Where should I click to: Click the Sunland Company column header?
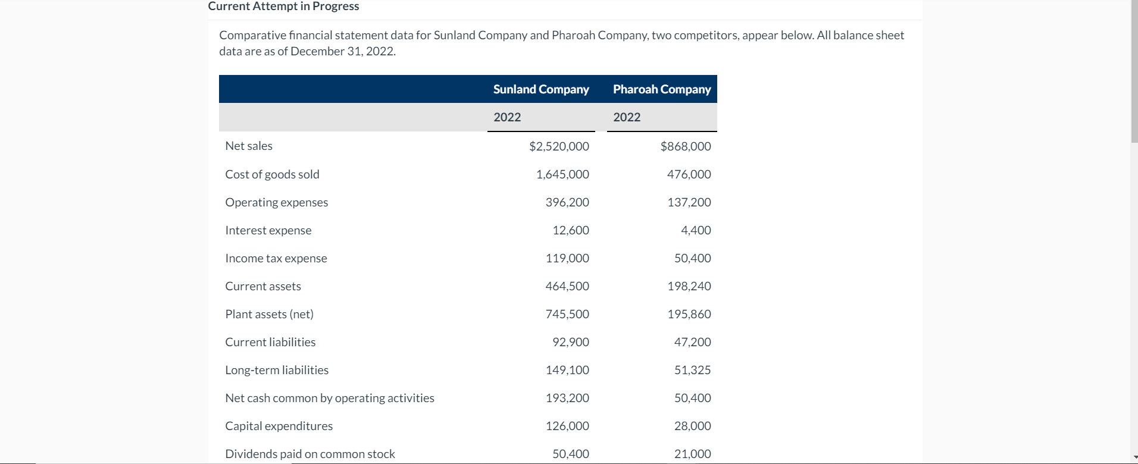(541, 89)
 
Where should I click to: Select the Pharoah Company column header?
(662, 89)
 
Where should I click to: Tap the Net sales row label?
(249, 146)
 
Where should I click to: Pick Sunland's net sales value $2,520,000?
(559, 146)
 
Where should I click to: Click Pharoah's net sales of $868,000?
(685, 146)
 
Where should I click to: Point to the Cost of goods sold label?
(272, 174)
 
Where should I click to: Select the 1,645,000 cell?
(562, 174)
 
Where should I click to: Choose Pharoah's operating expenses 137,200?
(689, 202)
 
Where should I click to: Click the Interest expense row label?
(268, 230)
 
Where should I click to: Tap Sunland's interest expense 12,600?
(570, 230)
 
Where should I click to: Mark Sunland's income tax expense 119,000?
(567, 258)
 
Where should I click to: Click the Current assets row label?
(263, 286)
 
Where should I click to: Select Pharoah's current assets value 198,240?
(689, 286)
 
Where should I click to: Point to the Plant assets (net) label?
(269, 314)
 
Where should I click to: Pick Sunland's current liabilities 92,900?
(570, 342)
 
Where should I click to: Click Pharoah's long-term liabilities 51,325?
(692, 370)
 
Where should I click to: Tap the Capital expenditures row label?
(279, 426)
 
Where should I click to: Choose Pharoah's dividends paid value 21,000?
(692, 454)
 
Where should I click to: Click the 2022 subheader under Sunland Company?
(507, 117)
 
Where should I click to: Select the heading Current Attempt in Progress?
(283, 7)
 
